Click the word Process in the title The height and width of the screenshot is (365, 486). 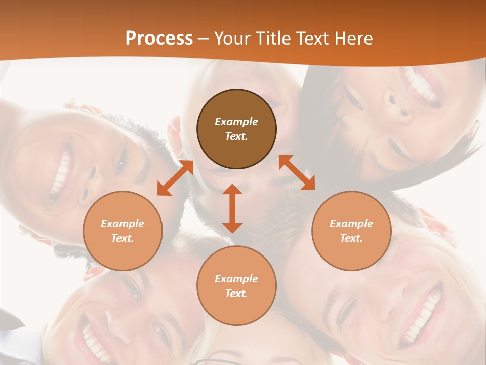[x=159, y=39]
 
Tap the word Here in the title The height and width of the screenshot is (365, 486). [x=352, y=39]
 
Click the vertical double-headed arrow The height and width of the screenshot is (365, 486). [x=232, y=208]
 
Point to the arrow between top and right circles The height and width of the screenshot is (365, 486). [x=297, y=172]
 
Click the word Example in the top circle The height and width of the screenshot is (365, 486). [x=236, y=122]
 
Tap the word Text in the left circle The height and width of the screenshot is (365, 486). [x=123, y=238]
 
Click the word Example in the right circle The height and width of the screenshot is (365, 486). [x=351, y=224]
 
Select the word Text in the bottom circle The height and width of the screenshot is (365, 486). [x=236, y=294]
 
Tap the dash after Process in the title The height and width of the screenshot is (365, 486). [x=204, y=39]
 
